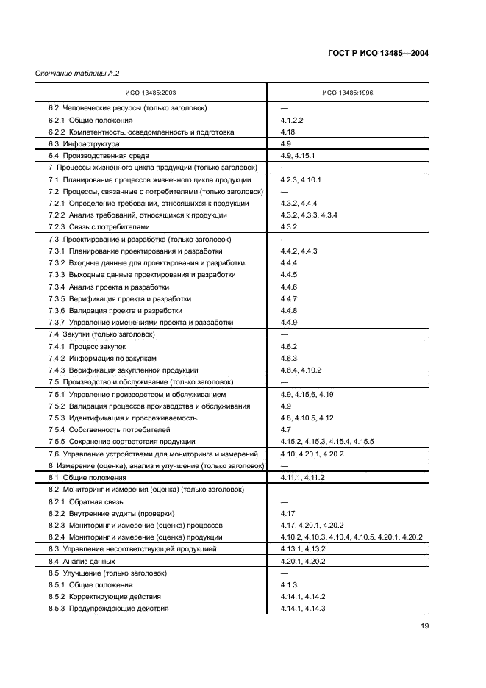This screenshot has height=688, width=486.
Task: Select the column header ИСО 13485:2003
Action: (151, 93)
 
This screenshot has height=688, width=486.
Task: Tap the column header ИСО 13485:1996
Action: (349, 93)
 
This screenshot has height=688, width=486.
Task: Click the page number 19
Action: (424, 626)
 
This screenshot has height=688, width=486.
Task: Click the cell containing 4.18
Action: (287, 132)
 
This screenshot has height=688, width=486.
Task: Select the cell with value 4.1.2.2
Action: (292, 120)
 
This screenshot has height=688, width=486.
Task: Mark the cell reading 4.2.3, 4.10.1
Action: (301, 180)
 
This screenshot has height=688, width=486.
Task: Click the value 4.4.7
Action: (289, 298)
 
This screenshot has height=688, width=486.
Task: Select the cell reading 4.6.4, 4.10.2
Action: (301, 370)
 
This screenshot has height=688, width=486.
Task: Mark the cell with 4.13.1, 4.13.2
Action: (303, 549)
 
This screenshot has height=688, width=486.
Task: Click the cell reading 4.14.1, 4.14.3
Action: (303, 609)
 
